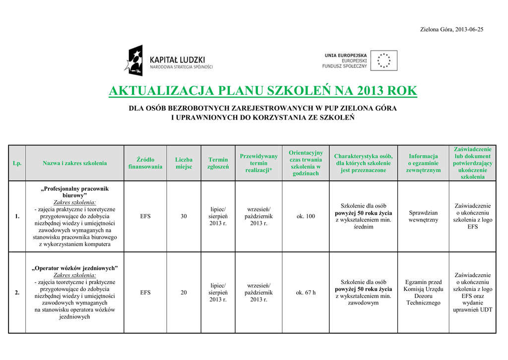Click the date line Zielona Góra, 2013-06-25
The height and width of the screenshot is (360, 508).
pos(451,29)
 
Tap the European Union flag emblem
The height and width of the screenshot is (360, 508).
pos(383,61)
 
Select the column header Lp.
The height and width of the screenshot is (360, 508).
pos(17,163)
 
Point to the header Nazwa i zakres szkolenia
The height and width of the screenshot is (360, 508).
pos(74,163)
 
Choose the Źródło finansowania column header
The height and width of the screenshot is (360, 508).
pos(145,163)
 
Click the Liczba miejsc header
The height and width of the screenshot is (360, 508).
pos(184,163)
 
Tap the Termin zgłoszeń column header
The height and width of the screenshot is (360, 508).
pos(218,163)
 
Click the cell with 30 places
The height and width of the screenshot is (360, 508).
pos(184,216)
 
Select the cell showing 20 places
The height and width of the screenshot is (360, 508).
pos(184,292)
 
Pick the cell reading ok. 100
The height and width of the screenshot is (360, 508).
pos(306,216)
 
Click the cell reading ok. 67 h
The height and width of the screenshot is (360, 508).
pos(306,292)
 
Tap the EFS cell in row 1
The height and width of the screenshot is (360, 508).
pos(145,216)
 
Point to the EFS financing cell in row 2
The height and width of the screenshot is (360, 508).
pos(145,292)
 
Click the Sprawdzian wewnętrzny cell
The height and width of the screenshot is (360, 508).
pos(423,216)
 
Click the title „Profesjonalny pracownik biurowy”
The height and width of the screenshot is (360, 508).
pos(74,192)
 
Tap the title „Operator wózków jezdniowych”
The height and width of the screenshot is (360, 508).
pos(74,268)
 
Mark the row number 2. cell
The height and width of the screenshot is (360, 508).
pos(17,292)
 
